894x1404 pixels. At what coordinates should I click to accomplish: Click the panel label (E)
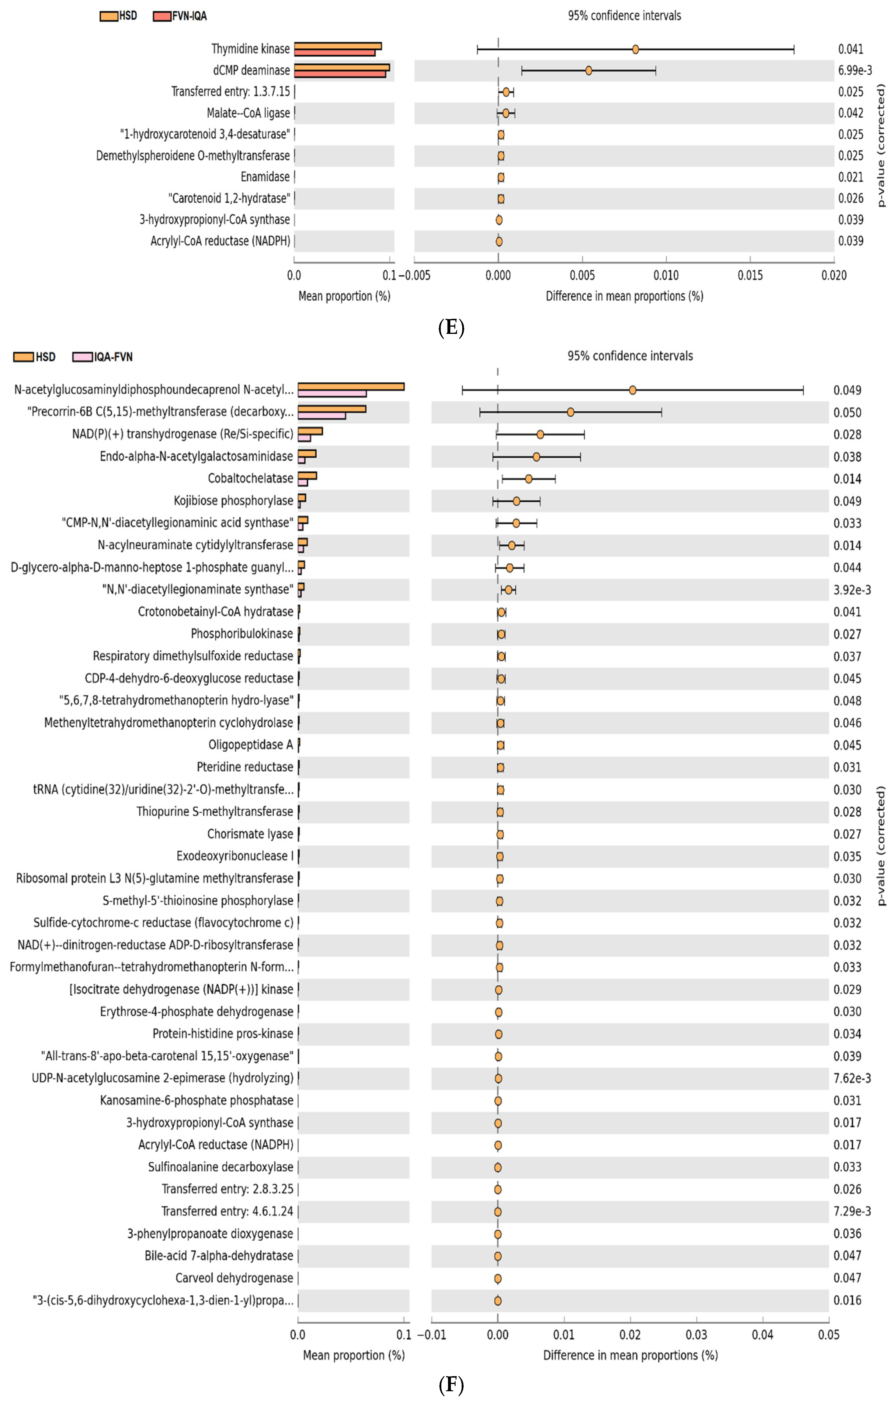click(x=451, y=328)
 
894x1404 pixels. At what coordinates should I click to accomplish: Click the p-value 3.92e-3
click(x=851, y=590)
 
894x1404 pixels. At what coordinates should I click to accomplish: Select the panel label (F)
click(x=451, y=1385)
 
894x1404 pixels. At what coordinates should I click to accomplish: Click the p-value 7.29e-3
click(x=851, y=1212)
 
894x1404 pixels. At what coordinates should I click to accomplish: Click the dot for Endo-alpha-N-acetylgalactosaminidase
click(x=536, y=457)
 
